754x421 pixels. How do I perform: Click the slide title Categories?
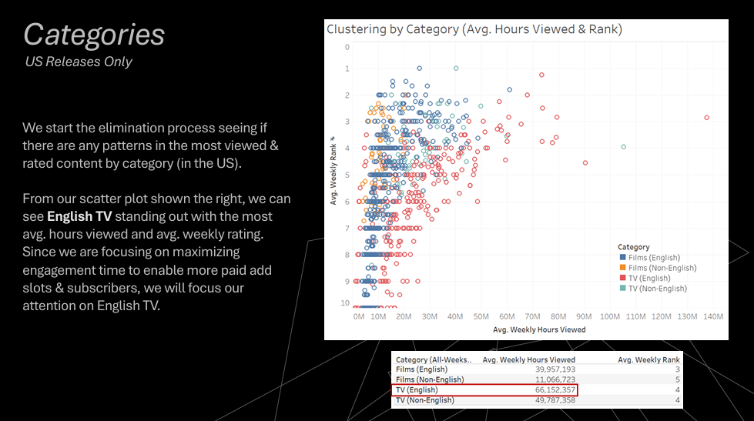coord(94,35)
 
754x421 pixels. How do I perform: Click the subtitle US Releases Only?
coord(79,62)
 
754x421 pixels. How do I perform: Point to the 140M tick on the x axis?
coord(712,316)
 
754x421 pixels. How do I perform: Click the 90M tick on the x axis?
coord(584,316)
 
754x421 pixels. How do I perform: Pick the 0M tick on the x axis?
coord(359,316)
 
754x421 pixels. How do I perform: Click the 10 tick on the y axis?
coord(346,303)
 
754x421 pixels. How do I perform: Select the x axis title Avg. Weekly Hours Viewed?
coord(539,329)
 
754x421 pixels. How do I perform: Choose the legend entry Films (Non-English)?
coord(662,268)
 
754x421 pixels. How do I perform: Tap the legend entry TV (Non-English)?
coord(657,288)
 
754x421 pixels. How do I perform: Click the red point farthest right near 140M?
coord(706,118)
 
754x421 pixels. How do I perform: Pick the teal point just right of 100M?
coord(623,146)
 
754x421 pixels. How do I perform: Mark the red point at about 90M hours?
coord(585,162)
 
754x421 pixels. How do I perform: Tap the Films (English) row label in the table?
coord(422,369)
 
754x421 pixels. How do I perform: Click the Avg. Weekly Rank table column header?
coord(648,359)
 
